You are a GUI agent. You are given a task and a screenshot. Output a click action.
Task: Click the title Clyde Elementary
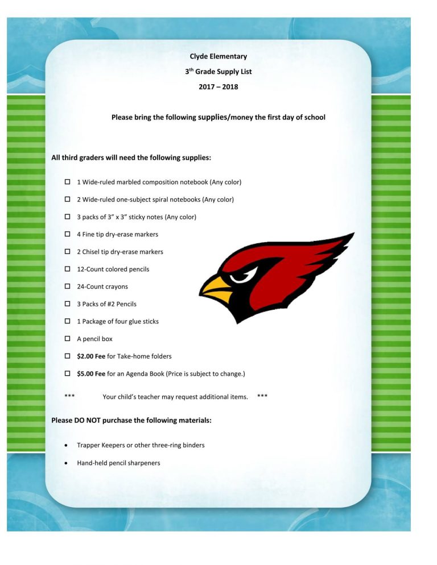click(218, 56)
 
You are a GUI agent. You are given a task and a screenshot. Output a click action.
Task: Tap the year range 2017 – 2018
click(218, 87)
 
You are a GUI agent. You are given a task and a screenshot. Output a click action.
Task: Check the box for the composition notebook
click(67, 182)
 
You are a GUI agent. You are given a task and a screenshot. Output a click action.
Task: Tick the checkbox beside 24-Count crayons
click(67, 286)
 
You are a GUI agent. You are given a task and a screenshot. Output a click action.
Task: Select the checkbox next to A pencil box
click(67, 339)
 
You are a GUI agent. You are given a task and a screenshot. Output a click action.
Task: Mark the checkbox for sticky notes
click(67, 217)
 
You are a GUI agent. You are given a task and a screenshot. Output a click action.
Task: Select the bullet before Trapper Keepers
click(68, 446)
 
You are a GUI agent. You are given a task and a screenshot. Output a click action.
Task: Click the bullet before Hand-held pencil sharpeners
click(68, 463)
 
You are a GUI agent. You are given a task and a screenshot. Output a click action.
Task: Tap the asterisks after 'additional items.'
click(262, 396)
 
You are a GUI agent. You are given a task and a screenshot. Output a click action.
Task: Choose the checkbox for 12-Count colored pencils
click(67, 269)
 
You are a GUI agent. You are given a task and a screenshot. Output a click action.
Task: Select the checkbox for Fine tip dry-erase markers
click(67, 234)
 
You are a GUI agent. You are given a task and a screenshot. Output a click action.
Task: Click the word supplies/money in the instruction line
click(225, 118)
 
